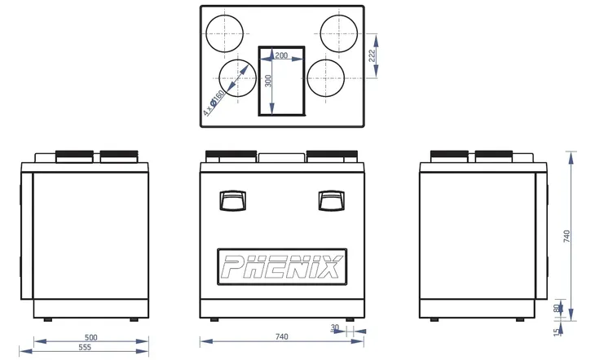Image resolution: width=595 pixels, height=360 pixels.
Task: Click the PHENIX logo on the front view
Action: pos(282,266)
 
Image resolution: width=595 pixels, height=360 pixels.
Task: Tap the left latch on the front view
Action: pos(232,200)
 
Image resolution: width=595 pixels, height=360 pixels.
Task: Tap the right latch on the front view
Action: pos(331,200)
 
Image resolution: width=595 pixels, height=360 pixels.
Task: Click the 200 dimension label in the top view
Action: pos(281,55)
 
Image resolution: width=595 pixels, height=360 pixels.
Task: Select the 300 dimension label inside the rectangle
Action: pos(268,81)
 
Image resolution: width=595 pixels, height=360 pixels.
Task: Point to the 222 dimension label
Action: pos(372,55)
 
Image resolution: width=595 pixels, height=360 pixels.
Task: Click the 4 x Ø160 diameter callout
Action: pos(214,103)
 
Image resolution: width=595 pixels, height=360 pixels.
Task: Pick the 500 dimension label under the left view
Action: pos(91,337)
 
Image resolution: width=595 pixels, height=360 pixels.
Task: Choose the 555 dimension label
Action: pos(85,348)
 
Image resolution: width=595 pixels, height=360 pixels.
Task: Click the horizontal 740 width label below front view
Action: pos(281,336)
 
